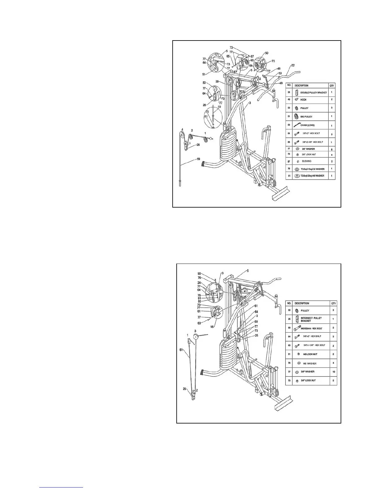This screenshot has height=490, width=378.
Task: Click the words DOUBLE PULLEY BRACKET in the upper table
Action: (313, 92)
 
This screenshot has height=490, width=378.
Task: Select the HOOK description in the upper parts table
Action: (304, 100)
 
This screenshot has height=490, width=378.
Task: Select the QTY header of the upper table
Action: (332, 86)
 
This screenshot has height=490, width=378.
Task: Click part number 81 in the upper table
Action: (290, 176)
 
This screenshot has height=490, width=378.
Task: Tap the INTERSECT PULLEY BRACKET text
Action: (311, 319)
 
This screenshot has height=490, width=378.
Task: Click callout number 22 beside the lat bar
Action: (292, 65)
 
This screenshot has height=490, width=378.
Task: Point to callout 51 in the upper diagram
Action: (204, 74)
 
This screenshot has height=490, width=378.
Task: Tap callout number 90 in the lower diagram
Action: (199, 273)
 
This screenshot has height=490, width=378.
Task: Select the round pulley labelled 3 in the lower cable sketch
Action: (195, 337)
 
